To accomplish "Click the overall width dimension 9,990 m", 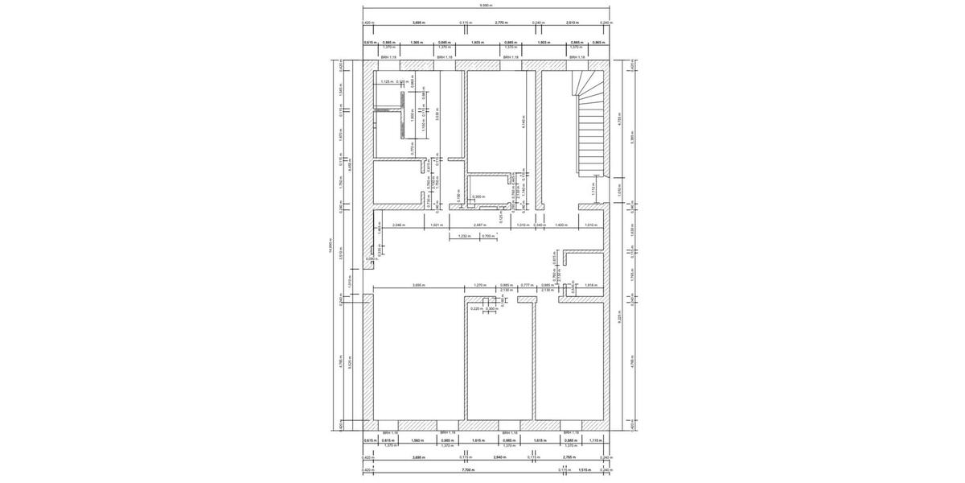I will [x=485, y=5].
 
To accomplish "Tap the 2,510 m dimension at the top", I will [x=573, y=23].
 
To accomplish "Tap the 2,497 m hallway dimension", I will [x=479, y=225].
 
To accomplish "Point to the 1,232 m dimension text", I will [x=464, y=237].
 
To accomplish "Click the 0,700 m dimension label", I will [x=487, y=237].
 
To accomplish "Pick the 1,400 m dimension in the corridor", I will [x=561, y=225].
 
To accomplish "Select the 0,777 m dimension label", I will [x=526, y=285].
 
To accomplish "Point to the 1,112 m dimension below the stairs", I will [x=592, y=190].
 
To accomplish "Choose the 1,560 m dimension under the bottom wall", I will [x=417, y=440].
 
